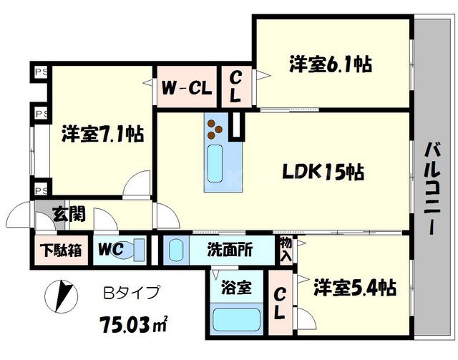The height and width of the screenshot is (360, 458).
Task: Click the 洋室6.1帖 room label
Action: coord(330,64)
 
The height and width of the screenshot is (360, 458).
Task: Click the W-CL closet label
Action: coord(185,89)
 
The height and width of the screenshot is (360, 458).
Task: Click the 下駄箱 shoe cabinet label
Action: coord(60,251)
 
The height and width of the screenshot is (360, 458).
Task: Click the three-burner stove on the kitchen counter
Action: coord(215,129)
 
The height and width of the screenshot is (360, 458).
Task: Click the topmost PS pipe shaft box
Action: coord(39,72)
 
